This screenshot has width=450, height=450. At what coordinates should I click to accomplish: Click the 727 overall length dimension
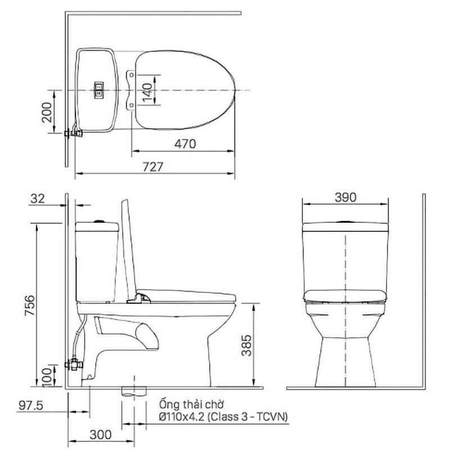click(x=153, y=167)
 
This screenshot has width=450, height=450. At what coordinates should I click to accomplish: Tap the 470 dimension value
click(x=185, y=144)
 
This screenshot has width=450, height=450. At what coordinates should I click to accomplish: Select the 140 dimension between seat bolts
click(x=147, y=92)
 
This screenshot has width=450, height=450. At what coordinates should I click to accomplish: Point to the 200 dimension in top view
click(x=47, y=112)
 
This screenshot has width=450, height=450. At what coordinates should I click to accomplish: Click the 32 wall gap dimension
click(x=38, y=199)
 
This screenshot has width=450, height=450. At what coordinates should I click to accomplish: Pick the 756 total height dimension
click(x=30, y=305)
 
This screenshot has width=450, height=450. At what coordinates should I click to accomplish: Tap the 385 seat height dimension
click(x=246, y=345)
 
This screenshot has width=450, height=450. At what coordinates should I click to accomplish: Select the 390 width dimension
click(x=345, y=197)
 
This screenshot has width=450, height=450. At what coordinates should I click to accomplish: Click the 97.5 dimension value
click(x=31, y=406)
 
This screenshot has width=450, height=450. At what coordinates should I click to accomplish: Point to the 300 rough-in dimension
click(x=101, y=435)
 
